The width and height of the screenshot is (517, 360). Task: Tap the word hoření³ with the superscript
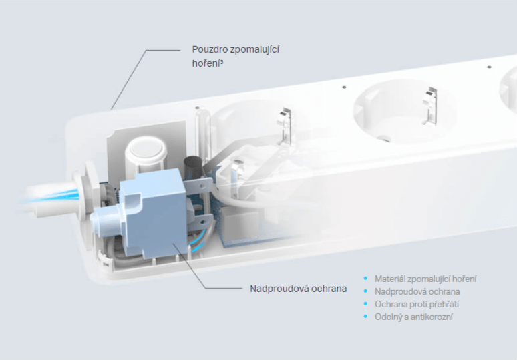coord(208,63)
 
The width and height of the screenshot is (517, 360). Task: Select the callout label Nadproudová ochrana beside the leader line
coord(298,289)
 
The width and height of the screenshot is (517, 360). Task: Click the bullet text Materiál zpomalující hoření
coord(425,279)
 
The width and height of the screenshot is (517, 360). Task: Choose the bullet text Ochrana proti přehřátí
coord(417,304)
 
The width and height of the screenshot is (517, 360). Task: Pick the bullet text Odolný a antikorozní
coord(413,317)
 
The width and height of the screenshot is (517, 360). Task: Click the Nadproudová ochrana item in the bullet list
coord(417,291)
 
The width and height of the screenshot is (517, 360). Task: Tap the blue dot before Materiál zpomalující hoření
coord(365,279)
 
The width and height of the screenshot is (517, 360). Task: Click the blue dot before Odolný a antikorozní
coord(365,317)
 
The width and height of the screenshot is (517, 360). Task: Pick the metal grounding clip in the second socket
coord(431,106)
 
